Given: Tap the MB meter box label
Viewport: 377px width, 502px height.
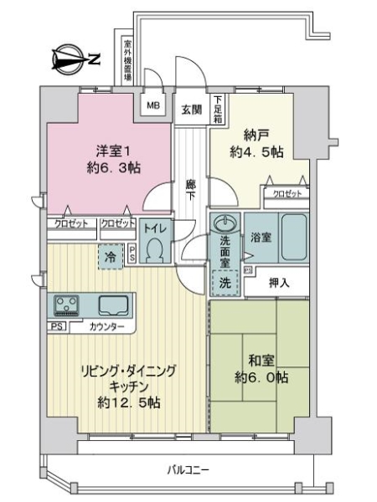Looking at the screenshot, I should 153,105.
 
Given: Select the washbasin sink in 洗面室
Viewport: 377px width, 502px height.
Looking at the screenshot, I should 225,223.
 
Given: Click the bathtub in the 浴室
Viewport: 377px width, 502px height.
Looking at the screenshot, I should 293,239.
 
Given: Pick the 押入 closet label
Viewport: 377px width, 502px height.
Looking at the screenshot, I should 280,283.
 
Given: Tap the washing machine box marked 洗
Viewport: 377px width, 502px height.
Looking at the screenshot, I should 224,284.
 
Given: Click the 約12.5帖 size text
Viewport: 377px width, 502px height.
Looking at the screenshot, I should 127,402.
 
